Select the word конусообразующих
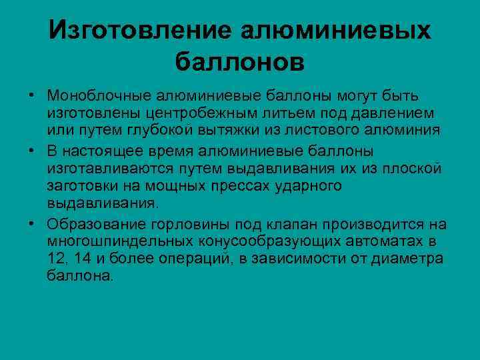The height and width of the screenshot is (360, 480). point(249,240)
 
